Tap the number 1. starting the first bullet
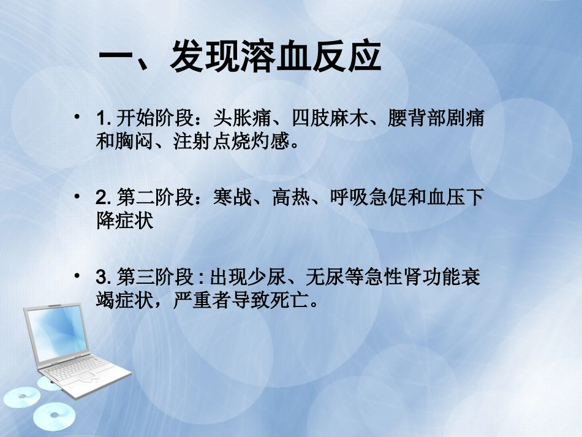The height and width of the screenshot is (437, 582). point(102,118)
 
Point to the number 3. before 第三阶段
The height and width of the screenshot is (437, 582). point(102,277)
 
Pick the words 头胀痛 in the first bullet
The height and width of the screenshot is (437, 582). point(234,118)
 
